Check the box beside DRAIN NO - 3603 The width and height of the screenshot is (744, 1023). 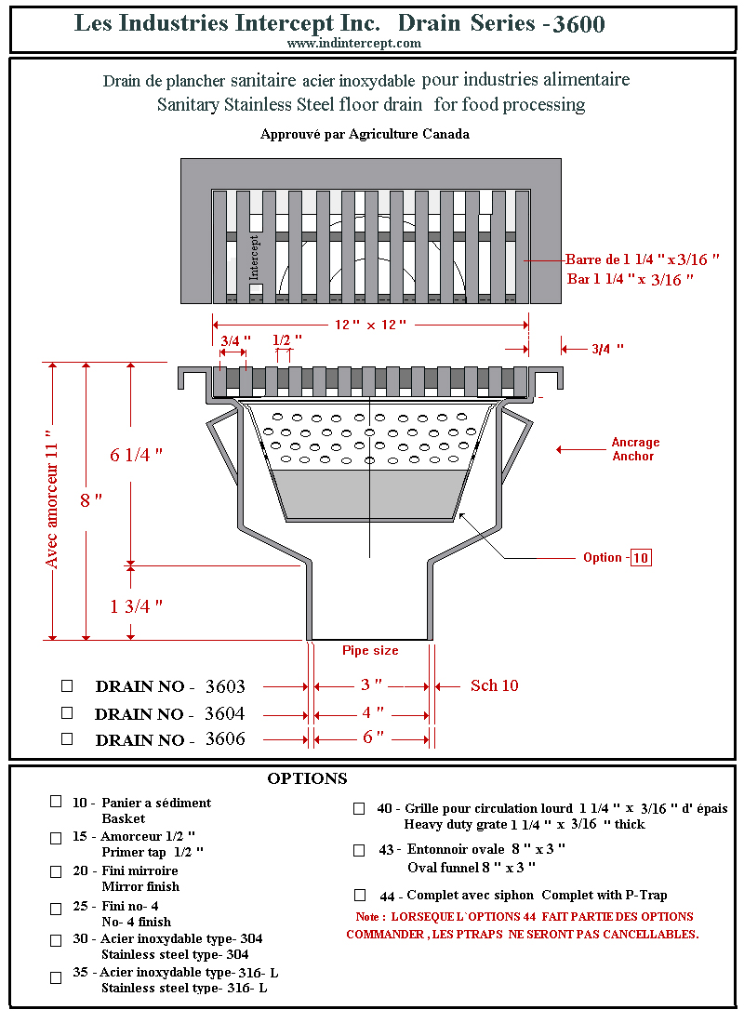[x=67, y=685]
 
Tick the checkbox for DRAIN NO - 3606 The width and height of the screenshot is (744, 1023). [x=67, y=739]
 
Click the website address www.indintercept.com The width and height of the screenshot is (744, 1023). [x=353, y=43]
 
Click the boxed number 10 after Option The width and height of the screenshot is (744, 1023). [x=641, y=558]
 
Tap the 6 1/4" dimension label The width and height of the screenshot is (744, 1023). [x=137, y=455]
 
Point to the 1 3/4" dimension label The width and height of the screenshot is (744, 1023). [x=137, y=606]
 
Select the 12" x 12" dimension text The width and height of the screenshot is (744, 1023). [x=370, y=325]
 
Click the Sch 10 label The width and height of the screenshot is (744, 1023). [x=494, y=685]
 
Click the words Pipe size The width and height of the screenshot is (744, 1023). [x=370, y=651]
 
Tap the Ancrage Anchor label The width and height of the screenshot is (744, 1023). [x=635, y=449]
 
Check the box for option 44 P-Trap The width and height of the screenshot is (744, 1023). [x=360, y=895]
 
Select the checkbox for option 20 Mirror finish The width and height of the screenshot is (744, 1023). [x=56, y=871]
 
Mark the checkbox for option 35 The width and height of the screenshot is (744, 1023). [x=56, y=977]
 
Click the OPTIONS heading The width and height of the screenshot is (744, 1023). [x=307, y=778]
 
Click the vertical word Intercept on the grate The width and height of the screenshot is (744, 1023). [x=255, y=257]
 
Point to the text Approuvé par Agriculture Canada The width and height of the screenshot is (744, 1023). [x=365, y=134]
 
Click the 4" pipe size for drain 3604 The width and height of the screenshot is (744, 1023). [x=372, y=713]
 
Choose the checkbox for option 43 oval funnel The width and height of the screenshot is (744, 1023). [x=359, y=850]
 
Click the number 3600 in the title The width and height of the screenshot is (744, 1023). [x=578, y=24]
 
